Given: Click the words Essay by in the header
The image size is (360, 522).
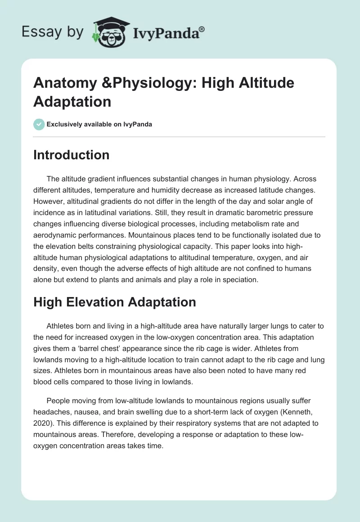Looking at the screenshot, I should click(x=52, y=32).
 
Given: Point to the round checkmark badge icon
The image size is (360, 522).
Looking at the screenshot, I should click(x=39, y=124).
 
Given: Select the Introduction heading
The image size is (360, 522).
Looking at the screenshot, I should click(x=71, y=155).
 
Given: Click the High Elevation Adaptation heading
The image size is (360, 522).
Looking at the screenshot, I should click(x=114, y=302).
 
